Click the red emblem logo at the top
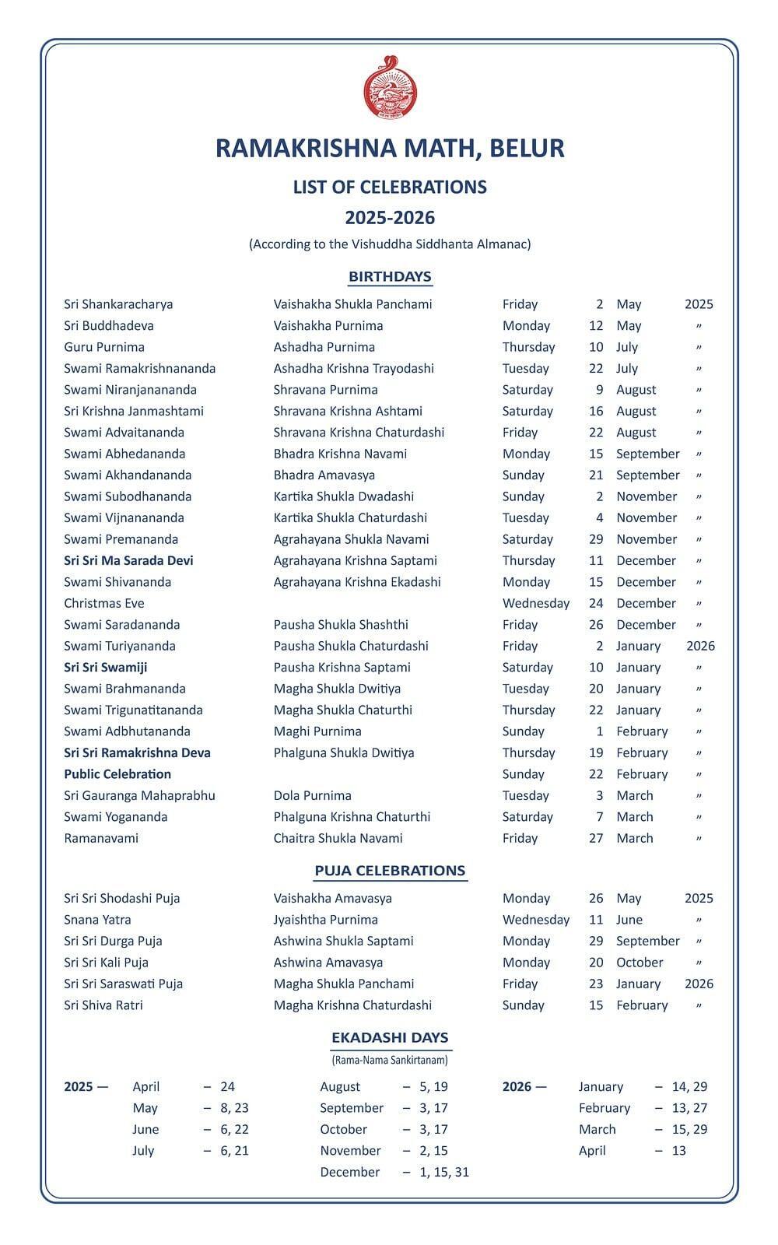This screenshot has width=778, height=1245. point(390,88)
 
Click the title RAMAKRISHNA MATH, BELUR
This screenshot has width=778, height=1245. point(390,148)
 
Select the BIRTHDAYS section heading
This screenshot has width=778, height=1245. point(390,276)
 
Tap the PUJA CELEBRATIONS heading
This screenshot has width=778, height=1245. point(390,871)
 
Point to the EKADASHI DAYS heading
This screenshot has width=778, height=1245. point(390,1037)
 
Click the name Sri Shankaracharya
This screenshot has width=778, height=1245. point(118,304)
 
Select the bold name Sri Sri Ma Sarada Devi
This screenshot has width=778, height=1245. point(128,560)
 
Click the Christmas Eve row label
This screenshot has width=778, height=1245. point(104,603)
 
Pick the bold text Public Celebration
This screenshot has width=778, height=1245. point(117,774)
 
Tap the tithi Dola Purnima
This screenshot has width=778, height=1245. point(312,795)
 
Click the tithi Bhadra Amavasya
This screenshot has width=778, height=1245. point(324,475)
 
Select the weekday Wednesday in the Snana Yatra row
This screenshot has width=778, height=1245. point(536,920)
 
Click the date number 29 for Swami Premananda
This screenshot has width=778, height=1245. point(596,539)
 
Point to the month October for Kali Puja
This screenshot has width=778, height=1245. point(640,963)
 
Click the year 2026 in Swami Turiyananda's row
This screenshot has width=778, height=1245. point(700,646)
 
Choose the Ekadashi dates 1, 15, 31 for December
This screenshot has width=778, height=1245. point(444,1172)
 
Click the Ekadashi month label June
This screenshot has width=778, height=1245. point(145,1129)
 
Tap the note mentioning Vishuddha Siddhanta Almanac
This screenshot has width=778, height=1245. point(390,244)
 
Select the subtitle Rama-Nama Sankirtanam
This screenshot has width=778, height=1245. point(390,1060)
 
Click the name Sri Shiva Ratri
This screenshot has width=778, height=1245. point(103,1005)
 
